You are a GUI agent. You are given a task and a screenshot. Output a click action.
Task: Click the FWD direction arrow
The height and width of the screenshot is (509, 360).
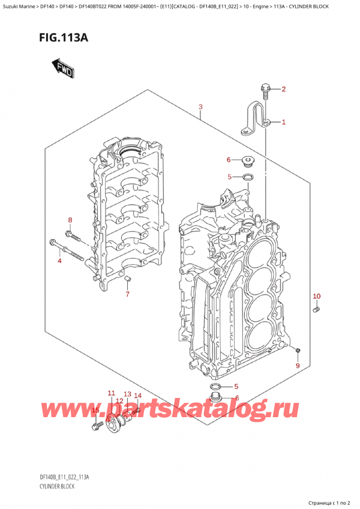(x=63, y=69)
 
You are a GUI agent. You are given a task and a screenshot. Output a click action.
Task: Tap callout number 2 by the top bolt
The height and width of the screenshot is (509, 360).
(x=284, y=90)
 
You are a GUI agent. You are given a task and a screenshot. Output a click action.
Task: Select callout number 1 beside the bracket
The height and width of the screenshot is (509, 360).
(x=284, y=122)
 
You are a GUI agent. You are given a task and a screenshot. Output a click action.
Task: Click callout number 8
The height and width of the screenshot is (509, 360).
(x=70, y=220)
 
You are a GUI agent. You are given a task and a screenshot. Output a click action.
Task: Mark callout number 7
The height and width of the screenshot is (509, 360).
(x=127, y=294)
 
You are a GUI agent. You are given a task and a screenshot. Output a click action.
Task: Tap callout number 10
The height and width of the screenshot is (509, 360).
(x=317, y=296)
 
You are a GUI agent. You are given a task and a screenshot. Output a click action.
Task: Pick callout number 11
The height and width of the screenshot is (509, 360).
(x=111, y=393)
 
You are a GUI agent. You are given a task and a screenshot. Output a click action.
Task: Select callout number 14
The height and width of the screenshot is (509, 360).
(x=137, y=396)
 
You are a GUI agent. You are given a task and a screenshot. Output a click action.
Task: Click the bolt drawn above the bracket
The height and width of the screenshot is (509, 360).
(x=265, y=91)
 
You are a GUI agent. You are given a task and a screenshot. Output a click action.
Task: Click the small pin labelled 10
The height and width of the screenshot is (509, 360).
(x=317, y=309)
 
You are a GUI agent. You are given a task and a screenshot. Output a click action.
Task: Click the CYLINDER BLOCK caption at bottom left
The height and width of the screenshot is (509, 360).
(x=55, y=486)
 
